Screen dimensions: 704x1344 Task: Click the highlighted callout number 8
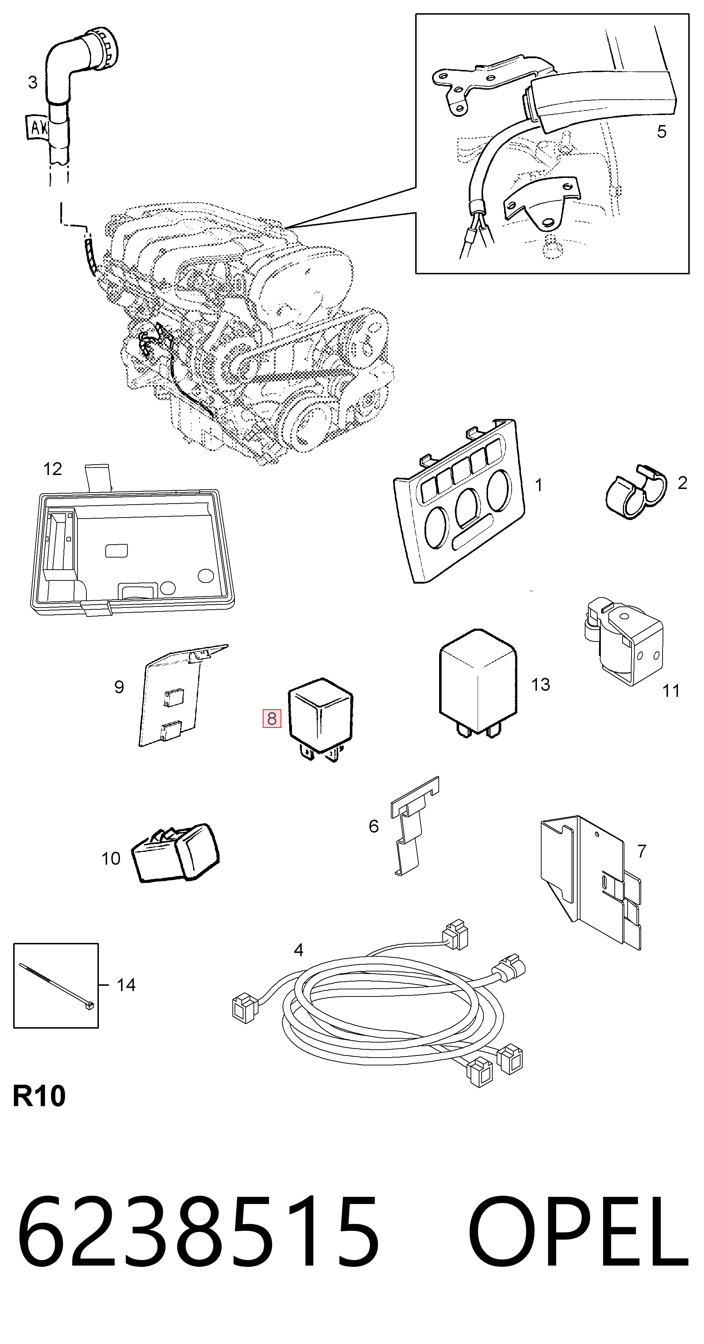(272, 719)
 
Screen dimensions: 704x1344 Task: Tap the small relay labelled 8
(320, 719)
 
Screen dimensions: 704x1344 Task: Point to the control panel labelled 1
(459, 501)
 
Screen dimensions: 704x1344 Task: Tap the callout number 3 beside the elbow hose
(33, 82)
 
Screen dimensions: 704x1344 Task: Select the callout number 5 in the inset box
(661, 131)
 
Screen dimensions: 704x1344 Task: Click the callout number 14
(126, 985)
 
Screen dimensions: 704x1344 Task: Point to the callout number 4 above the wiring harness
(298, 950)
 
